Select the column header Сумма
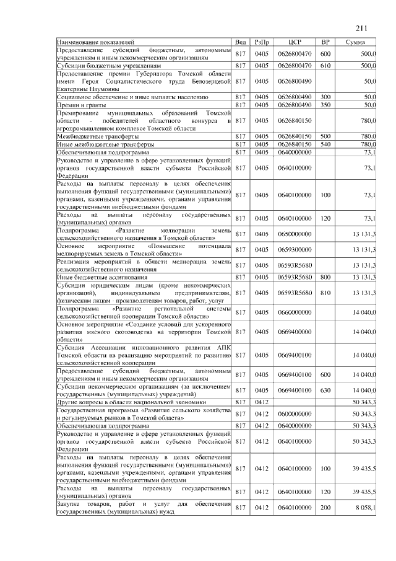coord(355,42)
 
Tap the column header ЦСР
coord(295,42)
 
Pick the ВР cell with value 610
coord(325,64)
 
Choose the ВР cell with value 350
coord(325,105)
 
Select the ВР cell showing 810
coord(325,293)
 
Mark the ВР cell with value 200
coord(325,508)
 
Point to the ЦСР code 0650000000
coord(295,233)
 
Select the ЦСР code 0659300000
coord(295,249)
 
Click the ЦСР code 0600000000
coord(295,413)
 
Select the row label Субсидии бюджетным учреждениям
coord(109,64)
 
